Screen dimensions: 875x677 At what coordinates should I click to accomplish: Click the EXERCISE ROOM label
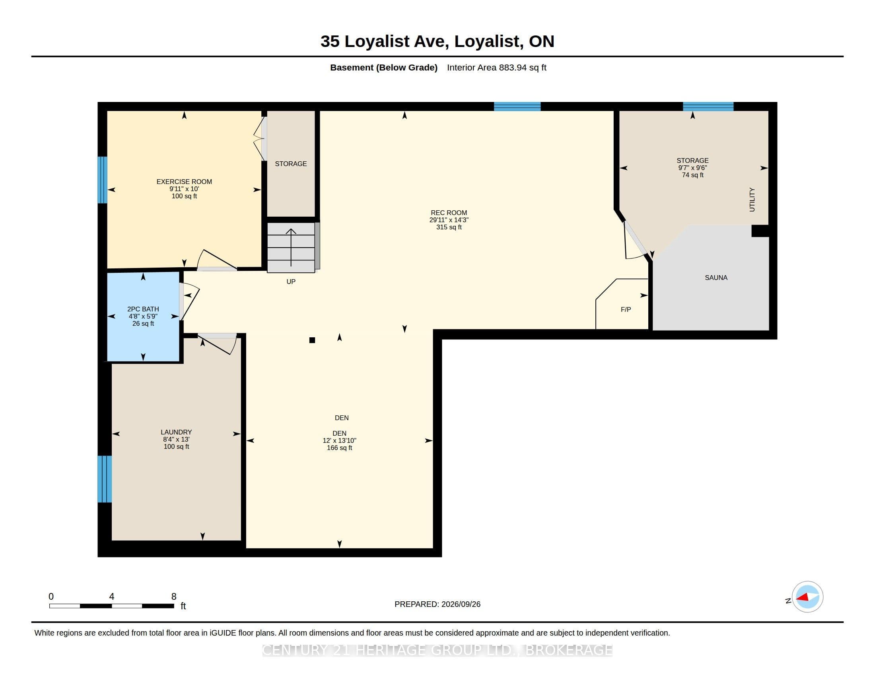184,182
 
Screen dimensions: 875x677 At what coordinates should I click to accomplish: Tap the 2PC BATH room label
143,309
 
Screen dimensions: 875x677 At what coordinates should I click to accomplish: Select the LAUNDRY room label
176,432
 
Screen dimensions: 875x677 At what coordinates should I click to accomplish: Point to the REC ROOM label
449,213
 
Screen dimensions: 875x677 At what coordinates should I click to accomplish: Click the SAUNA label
716,278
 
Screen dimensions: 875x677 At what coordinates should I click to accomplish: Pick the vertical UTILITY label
752,200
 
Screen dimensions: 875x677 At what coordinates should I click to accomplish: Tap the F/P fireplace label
626,309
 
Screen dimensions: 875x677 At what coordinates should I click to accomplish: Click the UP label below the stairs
291,282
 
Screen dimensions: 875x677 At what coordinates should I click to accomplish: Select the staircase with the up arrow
291,247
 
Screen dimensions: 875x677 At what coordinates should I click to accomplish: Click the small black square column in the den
312,340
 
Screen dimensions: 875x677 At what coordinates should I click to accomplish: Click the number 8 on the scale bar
174,597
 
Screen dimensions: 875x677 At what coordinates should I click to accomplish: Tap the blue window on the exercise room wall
103,180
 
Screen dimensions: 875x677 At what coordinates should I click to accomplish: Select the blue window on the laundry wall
105,479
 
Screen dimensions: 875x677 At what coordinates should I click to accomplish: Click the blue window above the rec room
517,106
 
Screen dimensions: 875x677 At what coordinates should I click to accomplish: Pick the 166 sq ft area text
339,448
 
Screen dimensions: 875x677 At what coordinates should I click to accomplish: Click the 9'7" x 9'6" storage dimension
693,168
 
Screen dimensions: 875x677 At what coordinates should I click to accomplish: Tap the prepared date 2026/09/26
461,605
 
